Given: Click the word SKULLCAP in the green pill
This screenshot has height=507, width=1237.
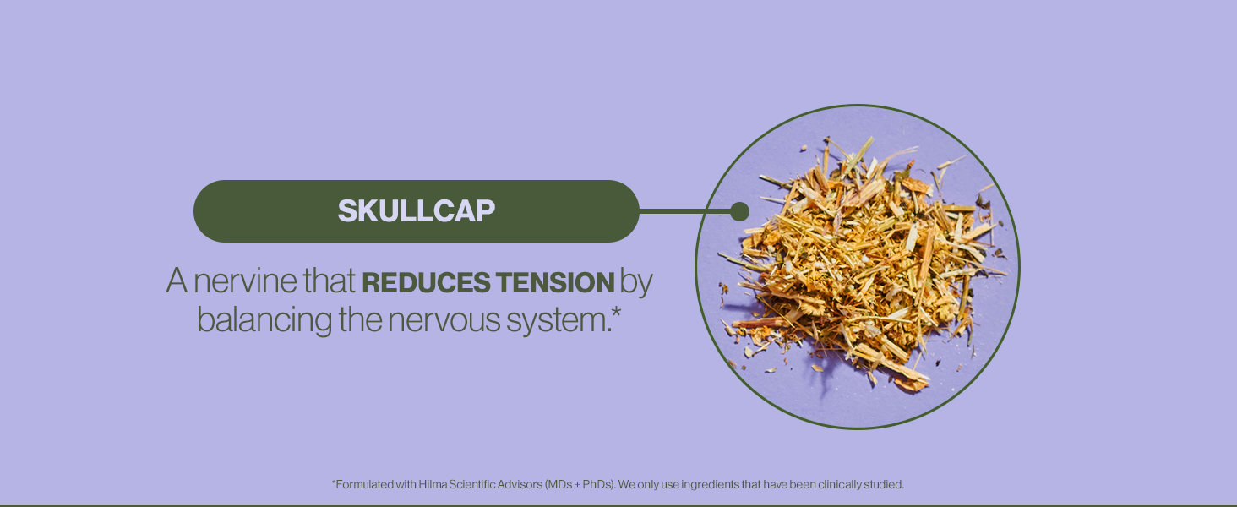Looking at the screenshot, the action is click(x=417, y=211).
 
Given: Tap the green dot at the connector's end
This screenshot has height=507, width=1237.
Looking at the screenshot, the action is click(x=739, y=211).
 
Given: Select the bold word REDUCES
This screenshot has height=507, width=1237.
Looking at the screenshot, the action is click(x=425, y=282).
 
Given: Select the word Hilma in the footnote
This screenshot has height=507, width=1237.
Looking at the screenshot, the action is click(x=433, y=484).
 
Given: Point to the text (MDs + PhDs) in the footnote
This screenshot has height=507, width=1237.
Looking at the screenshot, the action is click(x=580, y=484).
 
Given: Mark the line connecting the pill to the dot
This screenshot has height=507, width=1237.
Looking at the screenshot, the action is click(x=684, y=211).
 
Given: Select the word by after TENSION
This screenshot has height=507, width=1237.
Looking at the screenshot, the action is click(x=635, y=283).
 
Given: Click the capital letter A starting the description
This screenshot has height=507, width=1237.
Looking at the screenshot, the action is click(x=177, y=281).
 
